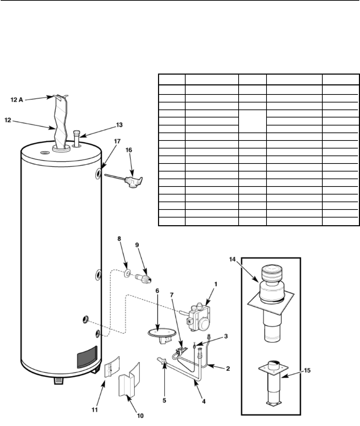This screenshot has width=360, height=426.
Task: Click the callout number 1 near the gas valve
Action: click(x=216, y=284)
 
